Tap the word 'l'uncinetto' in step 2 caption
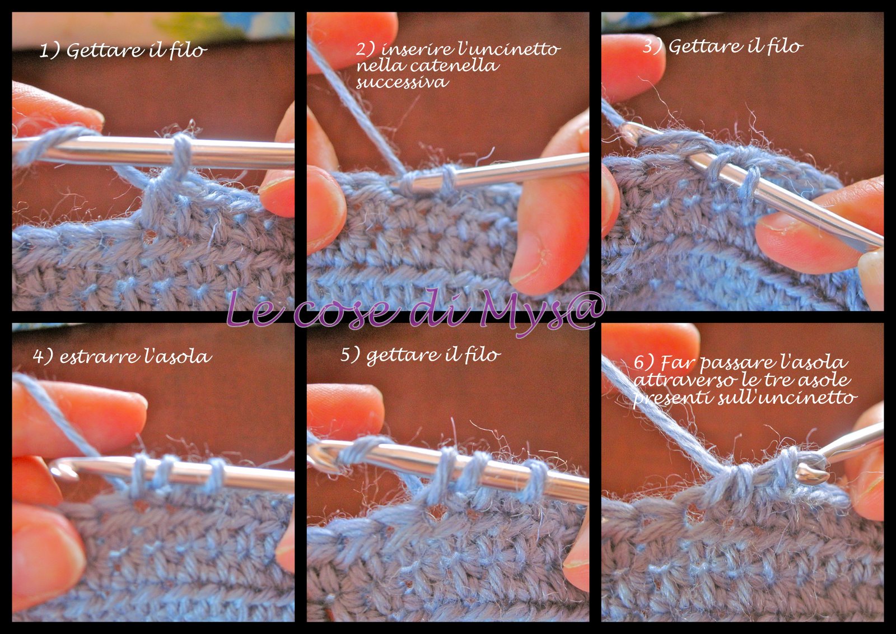click(508, 49)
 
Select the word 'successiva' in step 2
click(402, 83)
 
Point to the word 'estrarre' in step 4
click(92, 357)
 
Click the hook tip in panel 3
click(629, 133)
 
